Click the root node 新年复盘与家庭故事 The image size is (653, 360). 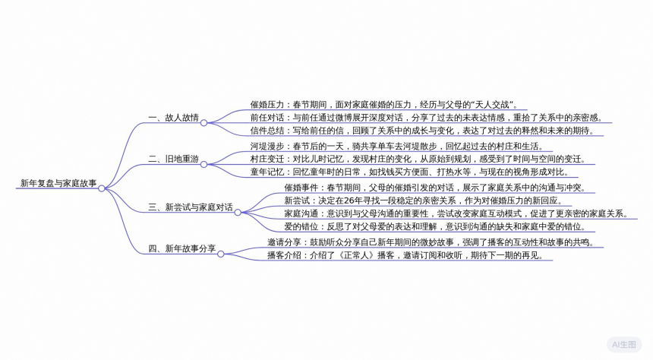click(58, 183)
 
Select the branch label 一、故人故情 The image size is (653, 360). click(173, 118)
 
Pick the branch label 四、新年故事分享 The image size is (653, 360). click(181, 248)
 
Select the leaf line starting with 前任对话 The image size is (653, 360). click(425, 117)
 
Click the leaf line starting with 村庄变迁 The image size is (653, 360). click(418, 158)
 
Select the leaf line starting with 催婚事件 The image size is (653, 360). click(434, 187)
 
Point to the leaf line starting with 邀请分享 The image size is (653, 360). click(429, 242)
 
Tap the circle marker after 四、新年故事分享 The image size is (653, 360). click(221, 254)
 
